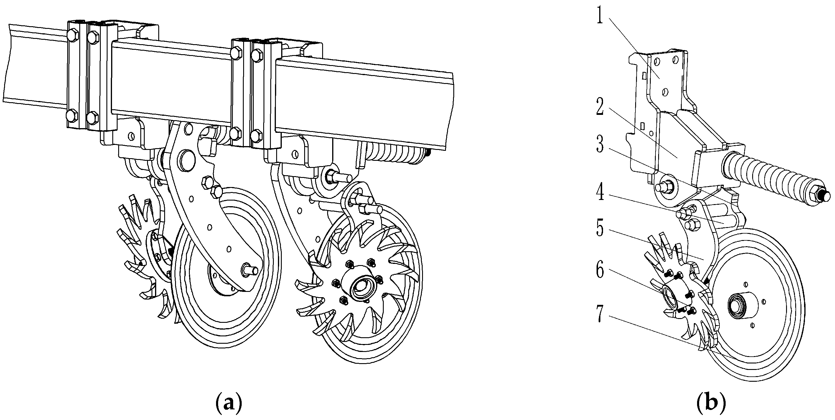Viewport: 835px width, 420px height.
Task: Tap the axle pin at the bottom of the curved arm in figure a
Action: pos(250,269)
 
